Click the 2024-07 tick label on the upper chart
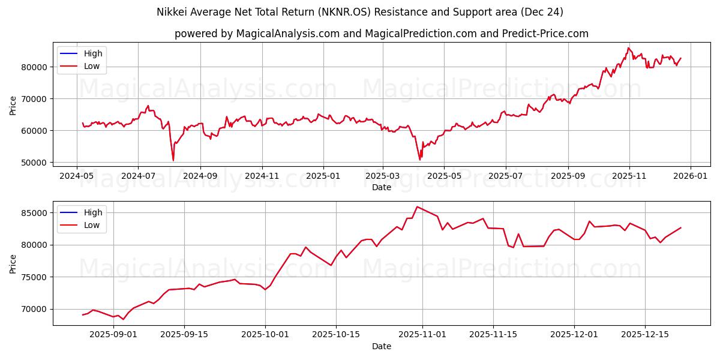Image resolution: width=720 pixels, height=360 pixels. click(138, 176)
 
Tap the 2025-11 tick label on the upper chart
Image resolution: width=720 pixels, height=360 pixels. click(629, 176)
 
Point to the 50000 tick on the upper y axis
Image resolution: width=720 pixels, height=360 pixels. click(35, 163)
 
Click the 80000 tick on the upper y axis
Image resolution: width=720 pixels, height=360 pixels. click(35, 67)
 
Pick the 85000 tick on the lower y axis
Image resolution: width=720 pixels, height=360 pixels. click(35, 213)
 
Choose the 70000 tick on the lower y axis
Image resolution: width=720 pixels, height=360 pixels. click(35, 309)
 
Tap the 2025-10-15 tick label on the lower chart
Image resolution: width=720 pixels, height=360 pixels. click(336, 335)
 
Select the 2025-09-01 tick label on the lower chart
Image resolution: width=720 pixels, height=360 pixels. click(113, 335)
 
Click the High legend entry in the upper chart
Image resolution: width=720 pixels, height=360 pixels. click(93, 53)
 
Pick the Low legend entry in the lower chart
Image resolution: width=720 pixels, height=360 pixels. click(92, 225)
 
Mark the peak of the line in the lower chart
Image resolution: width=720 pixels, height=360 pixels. click(417, 207)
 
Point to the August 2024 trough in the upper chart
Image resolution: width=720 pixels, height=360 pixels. click(173, 160)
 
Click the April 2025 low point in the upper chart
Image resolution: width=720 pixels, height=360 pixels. click(420, 160)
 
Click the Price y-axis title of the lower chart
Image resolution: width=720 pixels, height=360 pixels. click(13, 263)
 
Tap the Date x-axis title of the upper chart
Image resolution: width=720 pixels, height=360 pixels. click(382, 187)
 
